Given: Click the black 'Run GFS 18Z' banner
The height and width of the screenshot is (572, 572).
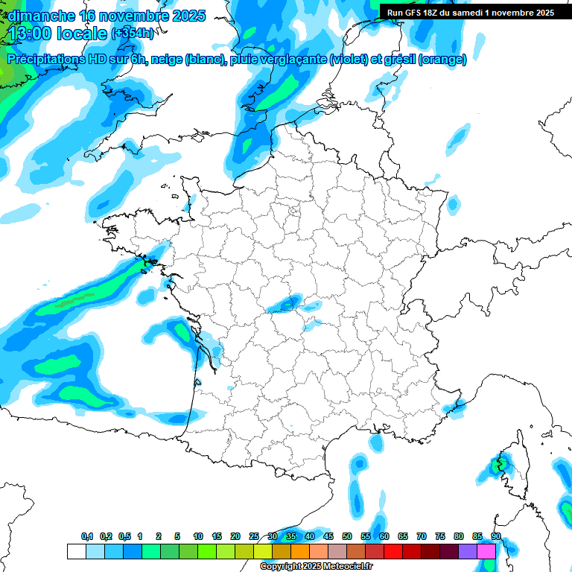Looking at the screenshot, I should [x=470, y=13].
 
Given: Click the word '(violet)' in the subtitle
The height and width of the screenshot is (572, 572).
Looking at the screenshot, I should [x=347, y=60].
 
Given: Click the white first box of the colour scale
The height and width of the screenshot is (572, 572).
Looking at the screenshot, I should [x=76, y=551].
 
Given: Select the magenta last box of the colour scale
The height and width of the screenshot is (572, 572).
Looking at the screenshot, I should [x=486, y=551].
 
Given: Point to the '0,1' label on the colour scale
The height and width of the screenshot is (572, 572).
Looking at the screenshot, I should [x=87, y=537].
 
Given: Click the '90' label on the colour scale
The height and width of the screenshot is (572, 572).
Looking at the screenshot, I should [x=496, y=537].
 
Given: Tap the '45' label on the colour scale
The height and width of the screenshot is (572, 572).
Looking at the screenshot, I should [x=328, y=537].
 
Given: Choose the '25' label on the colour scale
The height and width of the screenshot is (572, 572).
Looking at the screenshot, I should [x=254, y=537].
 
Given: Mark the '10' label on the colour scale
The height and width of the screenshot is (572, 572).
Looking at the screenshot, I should [x=198, y=537].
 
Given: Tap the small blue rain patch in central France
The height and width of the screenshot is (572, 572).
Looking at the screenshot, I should [x=285, y=302].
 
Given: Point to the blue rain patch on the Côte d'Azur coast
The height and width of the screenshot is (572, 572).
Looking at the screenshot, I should [x=452, y=407].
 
